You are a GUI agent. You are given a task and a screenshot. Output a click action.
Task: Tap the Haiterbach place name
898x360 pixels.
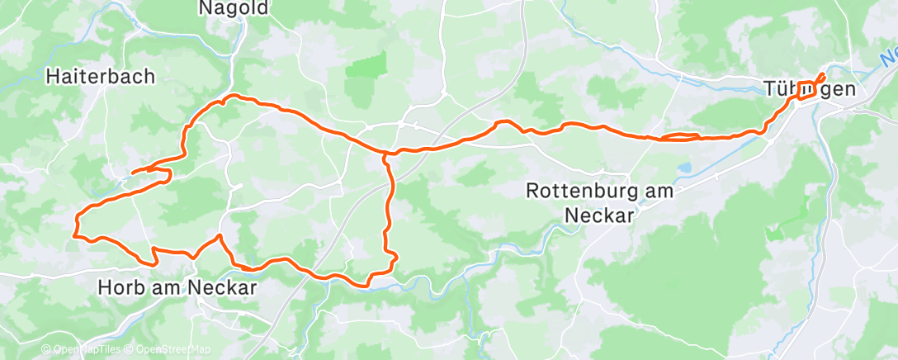coord(100,77)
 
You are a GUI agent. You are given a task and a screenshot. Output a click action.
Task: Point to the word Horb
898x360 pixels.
coord(122,288)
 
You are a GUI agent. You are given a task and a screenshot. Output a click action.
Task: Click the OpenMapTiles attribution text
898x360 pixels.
coord(87,350)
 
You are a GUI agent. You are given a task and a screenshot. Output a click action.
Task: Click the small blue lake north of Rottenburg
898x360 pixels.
coord(686,168)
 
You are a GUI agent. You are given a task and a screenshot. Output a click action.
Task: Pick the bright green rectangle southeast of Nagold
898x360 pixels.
coord(366,65)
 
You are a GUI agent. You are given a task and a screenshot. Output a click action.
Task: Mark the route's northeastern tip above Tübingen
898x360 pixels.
coord(822,77)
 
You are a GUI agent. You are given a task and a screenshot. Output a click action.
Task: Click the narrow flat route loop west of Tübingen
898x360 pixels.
coord(678,137)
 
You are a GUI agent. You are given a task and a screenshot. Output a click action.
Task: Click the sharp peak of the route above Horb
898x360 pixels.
coord(220,237)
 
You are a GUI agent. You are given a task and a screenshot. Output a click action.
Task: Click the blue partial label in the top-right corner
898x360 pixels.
coord(888,58)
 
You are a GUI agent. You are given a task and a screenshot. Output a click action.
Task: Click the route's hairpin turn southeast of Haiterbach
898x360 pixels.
coord(168,175)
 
